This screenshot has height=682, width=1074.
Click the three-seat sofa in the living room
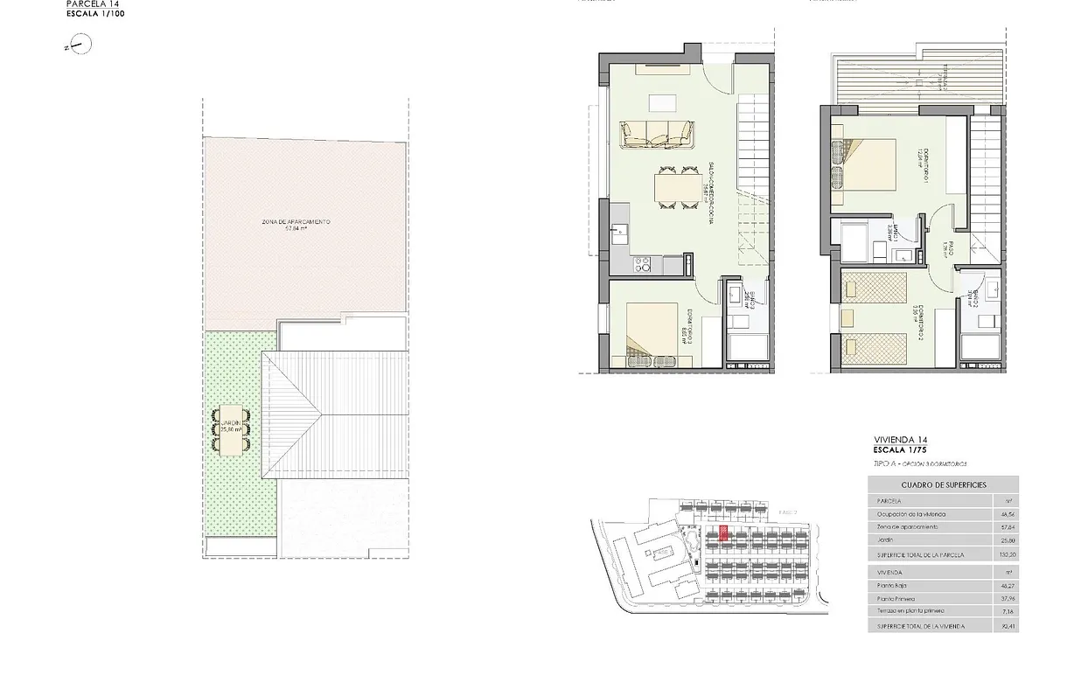point(657,133)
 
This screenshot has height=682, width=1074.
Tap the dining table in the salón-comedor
point(671,188)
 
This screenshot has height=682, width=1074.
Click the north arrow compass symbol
point(75,46)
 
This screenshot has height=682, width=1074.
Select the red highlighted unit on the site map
point(723,534)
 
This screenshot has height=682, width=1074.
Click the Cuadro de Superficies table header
point(943,484)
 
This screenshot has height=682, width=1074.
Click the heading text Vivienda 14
point(900,439)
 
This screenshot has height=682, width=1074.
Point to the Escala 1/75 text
point(902,449)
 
